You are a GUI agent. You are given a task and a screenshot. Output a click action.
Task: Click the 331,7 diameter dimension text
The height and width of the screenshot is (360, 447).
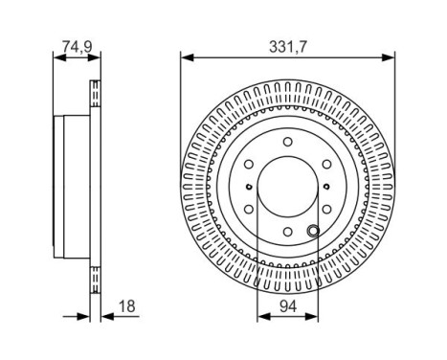(x=287, y=47)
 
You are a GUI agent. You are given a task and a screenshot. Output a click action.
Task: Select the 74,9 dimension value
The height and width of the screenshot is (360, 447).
(x=77, y=47)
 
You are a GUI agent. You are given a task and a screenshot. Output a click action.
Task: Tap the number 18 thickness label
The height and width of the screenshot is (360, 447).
(x=127, y=306)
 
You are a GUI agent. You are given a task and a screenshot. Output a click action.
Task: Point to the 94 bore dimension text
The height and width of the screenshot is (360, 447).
(x=288, y=306)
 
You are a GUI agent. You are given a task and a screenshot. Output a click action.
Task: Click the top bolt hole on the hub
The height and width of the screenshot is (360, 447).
(x=288, y=142)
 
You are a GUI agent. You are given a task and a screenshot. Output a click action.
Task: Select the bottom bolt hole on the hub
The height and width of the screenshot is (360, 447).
(x=288, y=232)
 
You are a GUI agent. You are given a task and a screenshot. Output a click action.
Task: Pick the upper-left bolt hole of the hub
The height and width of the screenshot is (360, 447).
(x=249, y=165)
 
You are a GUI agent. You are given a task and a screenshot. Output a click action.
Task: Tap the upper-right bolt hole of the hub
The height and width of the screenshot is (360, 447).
(x=326, y=165)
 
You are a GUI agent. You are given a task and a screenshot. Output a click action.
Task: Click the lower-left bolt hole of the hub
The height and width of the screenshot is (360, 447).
(x=249, y=209)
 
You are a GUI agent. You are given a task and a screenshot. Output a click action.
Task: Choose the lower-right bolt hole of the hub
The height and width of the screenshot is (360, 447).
(x=326, y=209)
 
